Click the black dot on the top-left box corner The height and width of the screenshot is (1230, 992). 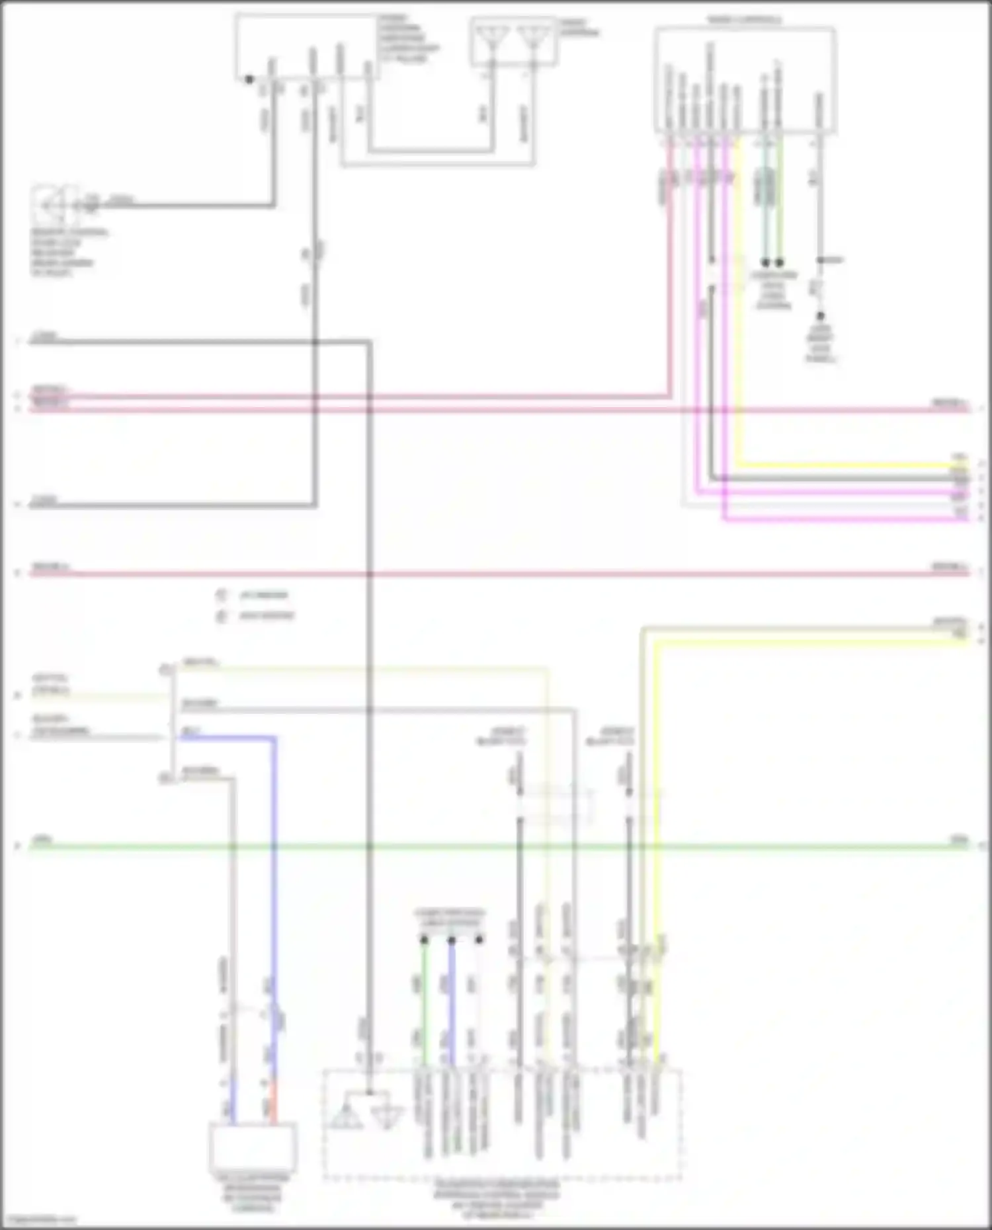pyautogui.click(x=249, y=79)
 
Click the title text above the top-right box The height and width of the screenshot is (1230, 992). pyautogui.click(x=744, y=20)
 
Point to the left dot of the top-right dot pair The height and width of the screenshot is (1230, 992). pyautogui.click(x=765, y=262)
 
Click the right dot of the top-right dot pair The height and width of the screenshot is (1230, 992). pyautogui.click(x=780, y=262)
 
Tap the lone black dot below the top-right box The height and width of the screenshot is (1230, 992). pyautogui.click(x=820, y=317)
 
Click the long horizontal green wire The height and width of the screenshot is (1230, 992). pyautogui.click(x=496, y=846)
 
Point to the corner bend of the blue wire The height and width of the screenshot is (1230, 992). pyautogui.click(x=274, y=738)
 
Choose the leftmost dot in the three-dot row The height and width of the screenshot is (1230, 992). pyautogui.click(x=424, y=939)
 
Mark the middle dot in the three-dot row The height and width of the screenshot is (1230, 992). pyautogui.click(x=452, y=939)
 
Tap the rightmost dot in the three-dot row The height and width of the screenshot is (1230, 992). pyautogui.click(x=479, y=939)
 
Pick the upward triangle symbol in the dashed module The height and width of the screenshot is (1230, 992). pyautogui.click(x=346, y=1116)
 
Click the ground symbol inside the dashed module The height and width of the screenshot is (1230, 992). pyautogui.click(x=386, y=1115)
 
